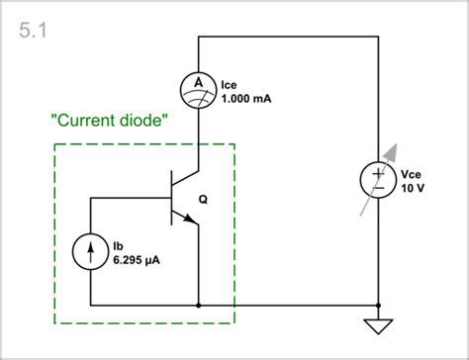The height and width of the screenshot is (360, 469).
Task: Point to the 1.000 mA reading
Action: point(245,100)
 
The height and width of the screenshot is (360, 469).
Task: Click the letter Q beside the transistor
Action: point(204,199)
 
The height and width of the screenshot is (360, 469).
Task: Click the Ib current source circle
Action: point(91,251)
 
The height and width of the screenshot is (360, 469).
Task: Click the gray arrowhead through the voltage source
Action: point(395,151)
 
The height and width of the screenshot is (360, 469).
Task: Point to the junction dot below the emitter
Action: point(200,305)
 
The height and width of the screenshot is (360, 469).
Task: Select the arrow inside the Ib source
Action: point(91,251)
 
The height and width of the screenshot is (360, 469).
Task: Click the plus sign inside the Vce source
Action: point(377,172)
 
